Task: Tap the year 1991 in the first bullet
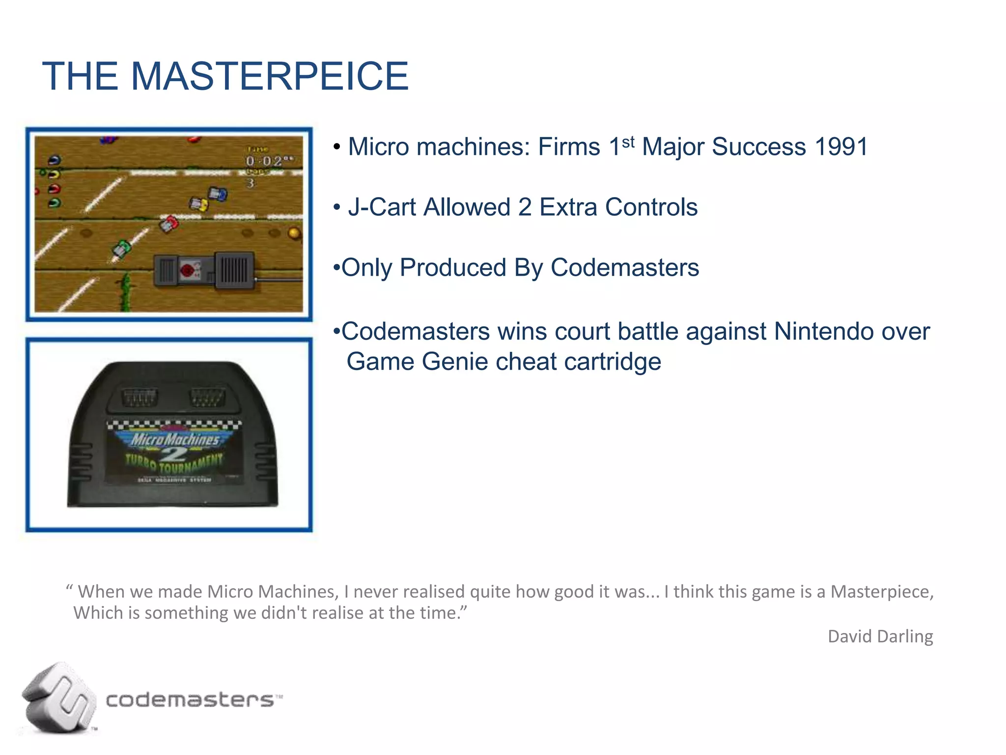pyautogui.click(x=841, y=146)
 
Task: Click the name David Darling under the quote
pyautogui.click(x=880, y=636)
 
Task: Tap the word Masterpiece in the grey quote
pyautogui.click(x=881, y=591)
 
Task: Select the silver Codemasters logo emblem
pyautogui.click(x=58, y=698)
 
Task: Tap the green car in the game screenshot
pyautogui.click(x=121, y=247)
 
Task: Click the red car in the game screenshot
pyautogui.click(x=169, y=223)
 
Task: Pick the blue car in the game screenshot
pyautogui.click(x=218, y=194)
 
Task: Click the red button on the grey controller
pyautogui.click(x=187, y=270)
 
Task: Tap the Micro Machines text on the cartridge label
pyautogui.click(x=174, y=439)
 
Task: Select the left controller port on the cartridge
pyautogui.click(x=139, y=396)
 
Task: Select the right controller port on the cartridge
pyautogui.click(x=208, y=396)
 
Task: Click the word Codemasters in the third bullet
pyautogui.click(x=624, y=268)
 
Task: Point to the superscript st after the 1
pyautogui.click(x=628, y=142)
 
